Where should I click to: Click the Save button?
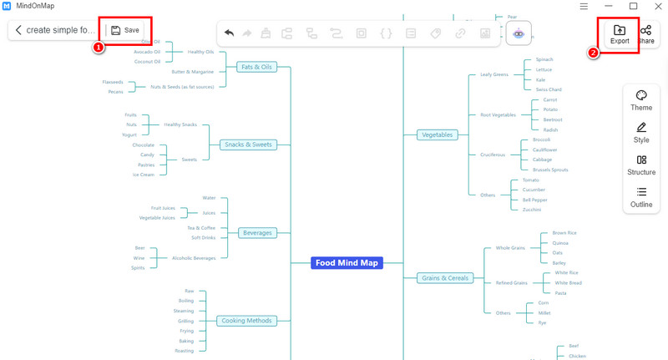click(125, 30)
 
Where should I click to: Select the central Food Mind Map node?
click(346, 262)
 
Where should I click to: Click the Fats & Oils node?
click(256, 67)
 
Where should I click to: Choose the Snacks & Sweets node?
click(248, 145)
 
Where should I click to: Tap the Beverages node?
click(257, 232)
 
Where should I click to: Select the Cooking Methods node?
click(247, 321)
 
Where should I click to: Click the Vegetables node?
click(438, 134)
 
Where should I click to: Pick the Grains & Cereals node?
click(445, 277)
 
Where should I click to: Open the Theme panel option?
click(641, 101)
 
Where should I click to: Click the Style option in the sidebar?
click(641, 133)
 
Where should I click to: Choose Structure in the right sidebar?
click(641, 165)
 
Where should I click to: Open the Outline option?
click(641, 198)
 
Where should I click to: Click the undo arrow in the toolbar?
click(230, 33)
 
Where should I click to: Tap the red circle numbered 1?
click(98, 48)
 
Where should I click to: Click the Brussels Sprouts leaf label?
click(550, 170)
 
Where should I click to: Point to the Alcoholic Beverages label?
click(194, 258)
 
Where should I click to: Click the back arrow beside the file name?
click(18, 30)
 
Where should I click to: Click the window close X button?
click(655, 7)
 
